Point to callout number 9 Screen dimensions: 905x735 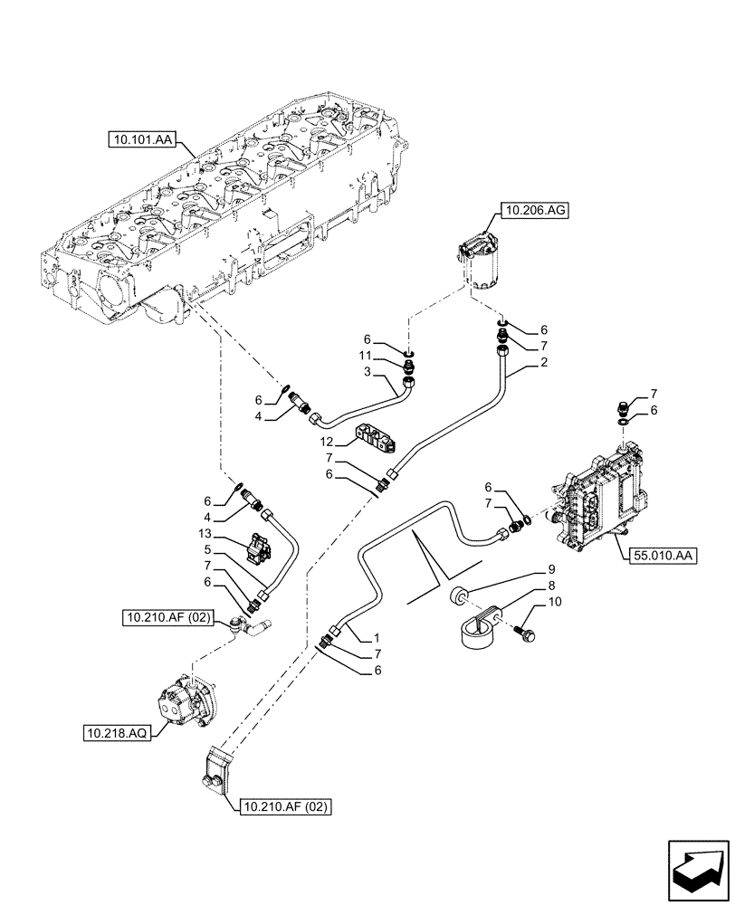(x=549, y=571)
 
